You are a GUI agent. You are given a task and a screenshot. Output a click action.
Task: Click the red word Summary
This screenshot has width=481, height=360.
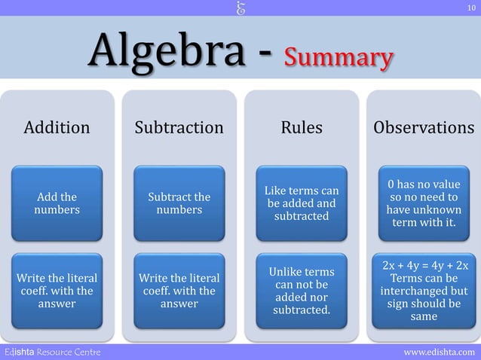tap(338, 57)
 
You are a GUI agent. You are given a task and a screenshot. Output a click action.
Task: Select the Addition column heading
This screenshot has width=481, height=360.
tap(57, 128)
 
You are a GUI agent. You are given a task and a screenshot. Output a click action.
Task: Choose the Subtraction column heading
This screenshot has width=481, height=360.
tap(179, 128)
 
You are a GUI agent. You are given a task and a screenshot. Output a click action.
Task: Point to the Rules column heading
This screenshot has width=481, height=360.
tap(302, 128)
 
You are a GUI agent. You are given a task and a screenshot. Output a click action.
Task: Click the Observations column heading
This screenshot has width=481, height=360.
tap(424, 128)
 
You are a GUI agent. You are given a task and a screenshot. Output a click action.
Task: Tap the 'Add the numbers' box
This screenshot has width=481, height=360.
tap(57, 203)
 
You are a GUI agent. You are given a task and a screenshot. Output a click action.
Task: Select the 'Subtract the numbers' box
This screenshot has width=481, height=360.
tap(179, 203)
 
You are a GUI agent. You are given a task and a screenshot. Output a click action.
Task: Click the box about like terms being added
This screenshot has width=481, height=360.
tap(302, 203)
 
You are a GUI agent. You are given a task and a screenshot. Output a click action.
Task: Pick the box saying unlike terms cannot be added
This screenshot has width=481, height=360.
tap(302, 290)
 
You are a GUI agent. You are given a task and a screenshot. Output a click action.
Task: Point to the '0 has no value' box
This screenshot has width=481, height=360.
tap(424, 203)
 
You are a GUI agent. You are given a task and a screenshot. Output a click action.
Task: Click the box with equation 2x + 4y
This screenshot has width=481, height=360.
tap(424, 291)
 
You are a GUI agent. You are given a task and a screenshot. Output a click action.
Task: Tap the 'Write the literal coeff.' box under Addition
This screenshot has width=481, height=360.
tap(57, 291)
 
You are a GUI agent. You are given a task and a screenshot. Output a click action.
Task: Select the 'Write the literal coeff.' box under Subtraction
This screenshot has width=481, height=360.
tap(179, 291)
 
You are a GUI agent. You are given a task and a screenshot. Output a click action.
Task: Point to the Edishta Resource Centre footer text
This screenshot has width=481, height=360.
tap(52, 352)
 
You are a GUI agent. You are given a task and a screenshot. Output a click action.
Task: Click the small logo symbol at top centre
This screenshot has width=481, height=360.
tap(241, 8)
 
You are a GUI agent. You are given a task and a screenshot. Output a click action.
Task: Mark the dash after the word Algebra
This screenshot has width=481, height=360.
tap(265, 54)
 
